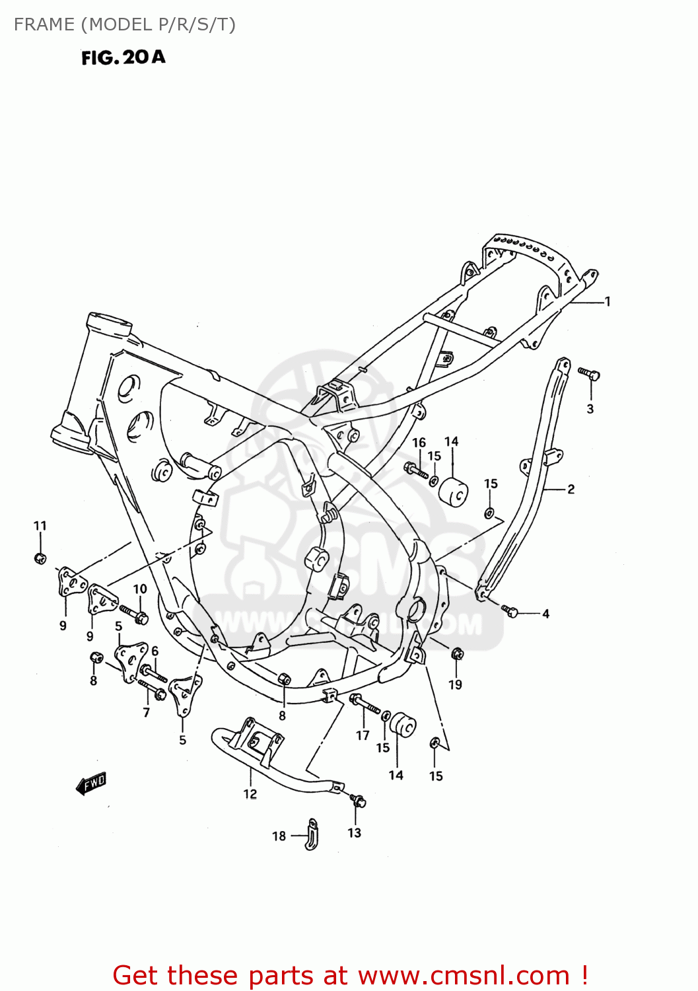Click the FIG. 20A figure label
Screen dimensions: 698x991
coord(123,57)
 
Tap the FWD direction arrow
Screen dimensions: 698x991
coord(91,784)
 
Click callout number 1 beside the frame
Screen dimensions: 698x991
coord(608,302)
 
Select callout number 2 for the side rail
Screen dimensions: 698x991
coord(571,490)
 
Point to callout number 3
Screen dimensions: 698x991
coord(590,409)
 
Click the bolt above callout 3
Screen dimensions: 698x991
coord(588,374)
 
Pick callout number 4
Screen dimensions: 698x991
coord(545,614)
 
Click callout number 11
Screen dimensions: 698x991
coord(40,526)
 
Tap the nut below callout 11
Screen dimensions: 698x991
coord(40,558)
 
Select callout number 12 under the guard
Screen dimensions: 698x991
coord(250,794)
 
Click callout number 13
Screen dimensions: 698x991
coord(355,832)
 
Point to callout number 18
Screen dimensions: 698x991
coord(279,836)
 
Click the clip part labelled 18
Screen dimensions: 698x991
coord(312,834)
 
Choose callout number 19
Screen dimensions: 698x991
coord(456,684)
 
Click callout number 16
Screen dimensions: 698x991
coord(419,443)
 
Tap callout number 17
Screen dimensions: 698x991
coord(363,735)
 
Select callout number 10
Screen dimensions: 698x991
coord(140,589)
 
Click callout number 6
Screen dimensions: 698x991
coord(155,651)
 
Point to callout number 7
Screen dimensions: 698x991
coord(146,712)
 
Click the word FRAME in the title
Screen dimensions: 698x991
coord(44,24)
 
